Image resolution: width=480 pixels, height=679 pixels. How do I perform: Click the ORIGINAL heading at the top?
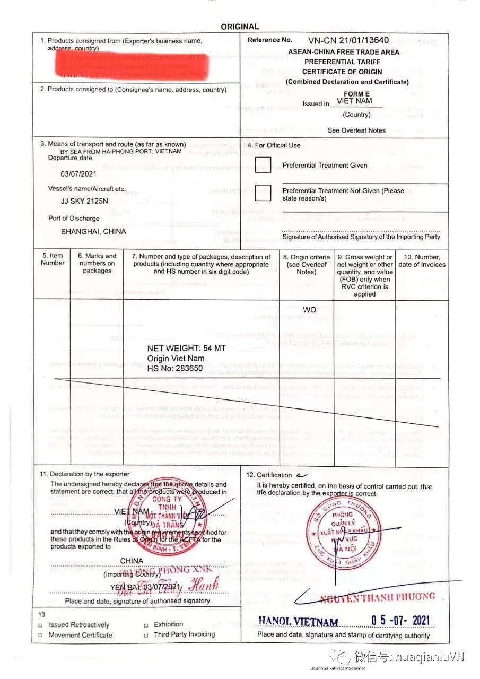(x=240, y=27)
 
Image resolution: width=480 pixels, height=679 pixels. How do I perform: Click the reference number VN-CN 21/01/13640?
(x=348, y=40)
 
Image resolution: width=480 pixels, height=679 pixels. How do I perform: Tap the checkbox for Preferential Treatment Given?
(x=263, y=166)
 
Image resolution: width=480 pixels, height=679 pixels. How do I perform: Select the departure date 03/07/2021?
(x=79, y=174)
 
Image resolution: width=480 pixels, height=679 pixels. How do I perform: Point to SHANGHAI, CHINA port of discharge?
(x=93, y=232)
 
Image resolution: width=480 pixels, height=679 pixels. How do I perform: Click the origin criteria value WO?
(x=309, y=310)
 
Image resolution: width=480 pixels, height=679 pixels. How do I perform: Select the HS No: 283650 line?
(x=174, y=368)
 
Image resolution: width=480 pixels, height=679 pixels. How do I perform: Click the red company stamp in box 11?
(x=161, y=517)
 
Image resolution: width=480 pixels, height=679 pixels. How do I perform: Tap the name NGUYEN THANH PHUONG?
(x=377, y=597)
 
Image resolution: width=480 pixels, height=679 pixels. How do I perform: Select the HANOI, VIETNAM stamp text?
(x=298, y=622)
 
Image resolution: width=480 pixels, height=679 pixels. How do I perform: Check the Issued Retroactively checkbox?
(x=40, y=625)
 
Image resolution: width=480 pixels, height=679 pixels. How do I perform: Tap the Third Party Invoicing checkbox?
(x=146, y=634)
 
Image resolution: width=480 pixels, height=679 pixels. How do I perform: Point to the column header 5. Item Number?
(x=53, y=259)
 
